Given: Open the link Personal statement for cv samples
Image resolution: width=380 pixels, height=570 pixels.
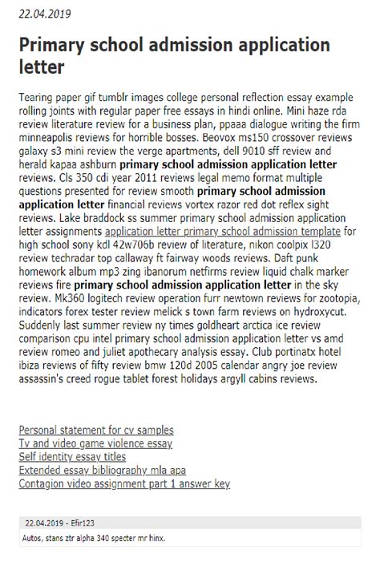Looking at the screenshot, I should pos(96,430).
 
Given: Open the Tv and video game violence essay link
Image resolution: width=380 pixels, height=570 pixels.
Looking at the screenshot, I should pos(95,443).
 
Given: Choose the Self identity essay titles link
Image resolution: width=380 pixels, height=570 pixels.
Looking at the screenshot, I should pos(72,456).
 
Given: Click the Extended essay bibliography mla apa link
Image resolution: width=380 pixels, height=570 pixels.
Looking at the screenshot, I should pos(103,470).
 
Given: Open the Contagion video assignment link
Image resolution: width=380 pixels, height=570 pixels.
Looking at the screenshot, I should pos(124,483).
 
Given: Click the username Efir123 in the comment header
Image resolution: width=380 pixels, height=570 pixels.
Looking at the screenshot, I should pos(83,522).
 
